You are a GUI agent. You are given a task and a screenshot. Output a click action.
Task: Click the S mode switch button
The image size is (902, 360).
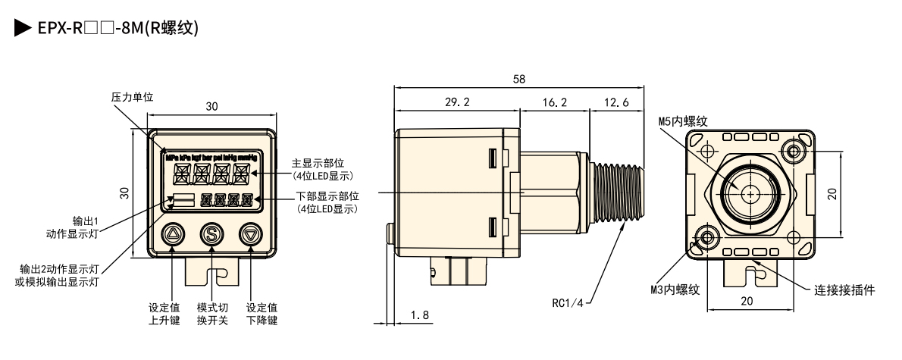pos(211,235)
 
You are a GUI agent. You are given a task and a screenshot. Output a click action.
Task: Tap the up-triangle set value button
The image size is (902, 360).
pos(174,235)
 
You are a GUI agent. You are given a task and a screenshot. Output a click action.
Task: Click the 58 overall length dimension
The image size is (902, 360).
pos(518,79)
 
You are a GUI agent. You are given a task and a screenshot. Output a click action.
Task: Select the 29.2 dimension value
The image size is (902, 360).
pos(457,102)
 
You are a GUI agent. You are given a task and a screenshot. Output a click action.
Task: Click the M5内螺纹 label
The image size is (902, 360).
pos(682,121)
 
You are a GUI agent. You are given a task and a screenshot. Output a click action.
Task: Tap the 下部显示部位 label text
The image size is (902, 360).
pos(327,197)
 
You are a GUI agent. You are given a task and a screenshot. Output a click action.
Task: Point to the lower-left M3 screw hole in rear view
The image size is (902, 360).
pos(708,238)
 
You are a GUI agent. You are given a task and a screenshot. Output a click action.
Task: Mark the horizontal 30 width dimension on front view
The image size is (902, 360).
pos(211,108)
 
